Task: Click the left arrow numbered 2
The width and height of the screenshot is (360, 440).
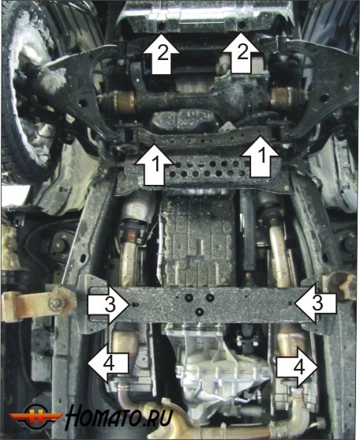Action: point(161,55)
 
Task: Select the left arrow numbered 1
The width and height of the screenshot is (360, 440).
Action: point(154,165)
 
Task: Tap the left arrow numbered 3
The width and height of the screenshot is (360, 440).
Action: point(109,304)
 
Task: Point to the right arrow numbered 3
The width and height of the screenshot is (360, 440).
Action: point(315,303)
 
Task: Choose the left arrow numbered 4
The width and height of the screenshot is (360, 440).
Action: point(108,363)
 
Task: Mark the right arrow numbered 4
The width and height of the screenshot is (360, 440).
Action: point(297,367)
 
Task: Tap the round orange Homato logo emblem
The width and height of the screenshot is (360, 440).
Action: point(36,416)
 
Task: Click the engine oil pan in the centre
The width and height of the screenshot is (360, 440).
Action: point(198,241)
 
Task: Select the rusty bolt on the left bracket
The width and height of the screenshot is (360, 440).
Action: point(56,303)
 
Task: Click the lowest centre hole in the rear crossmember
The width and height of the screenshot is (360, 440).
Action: point(200,311)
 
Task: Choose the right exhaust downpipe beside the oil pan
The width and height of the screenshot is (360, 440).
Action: point(278,247)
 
